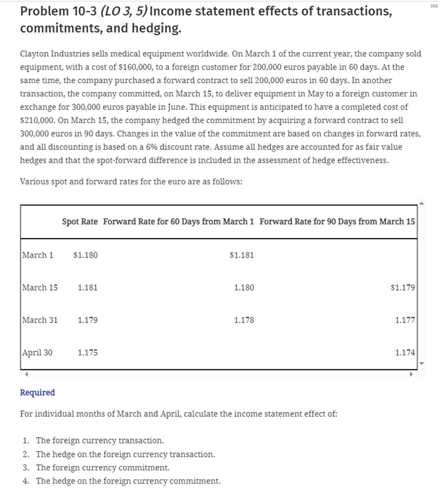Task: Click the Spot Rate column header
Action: tap(80, 222)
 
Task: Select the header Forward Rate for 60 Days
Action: tap(178, 222)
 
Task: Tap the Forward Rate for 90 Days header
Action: tap(337, 222)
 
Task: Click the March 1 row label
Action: tap(37, 255)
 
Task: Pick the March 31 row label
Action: tap(39, 320)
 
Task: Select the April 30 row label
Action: tap(37, 353)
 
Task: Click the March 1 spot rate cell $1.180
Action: tap(85, 255)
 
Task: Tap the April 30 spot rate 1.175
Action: tap(87, 353)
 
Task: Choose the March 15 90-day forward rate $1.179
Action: tap(402, 287)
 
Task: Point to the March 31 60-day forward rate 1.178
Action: tap(243, 320)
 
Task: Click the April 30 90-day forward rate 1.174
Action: tap(405, 353)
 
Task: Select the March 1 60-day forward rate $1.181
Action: tap(242, 255)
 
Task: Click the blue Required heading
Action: tap(37, 392)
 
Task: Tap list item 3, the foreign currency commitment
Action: tap(102, 467)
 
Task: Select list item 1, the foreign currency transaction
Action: tap(99, 440)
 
